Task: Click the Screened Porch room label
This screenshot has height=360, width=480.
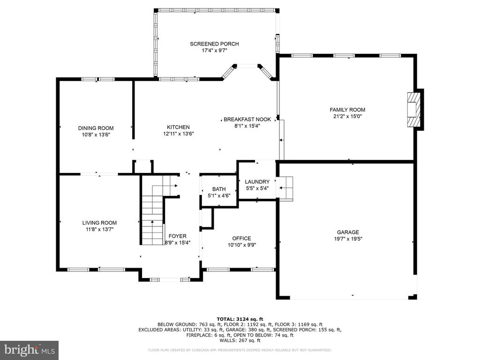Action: coord(214,44)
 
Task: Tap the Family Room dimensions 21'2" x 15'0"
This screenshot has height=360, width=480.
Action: coord(347,116)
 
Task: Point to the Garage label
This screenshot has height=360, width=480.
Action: coord(348,232)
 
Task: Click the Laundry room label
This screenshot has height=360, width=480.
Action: coord(257,182)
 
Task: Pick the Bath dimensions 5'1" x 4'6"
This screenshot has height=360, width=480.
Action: coord(219,196)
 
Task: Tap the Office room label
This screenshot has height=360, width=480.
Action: coord(241,239)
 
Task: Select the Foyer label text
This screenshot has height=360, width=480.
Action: coord(177,236)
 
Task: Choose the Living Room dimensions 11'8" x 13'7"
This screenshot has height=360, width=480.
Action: coord(99,230)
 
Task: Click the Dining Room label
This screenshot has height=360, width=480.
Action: coord(96,128)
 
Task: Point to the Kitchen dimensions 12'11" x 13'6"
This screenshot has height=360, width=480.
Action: coord(178,134)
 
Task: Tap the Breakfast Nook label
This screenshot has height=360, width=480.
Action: coord(247,119)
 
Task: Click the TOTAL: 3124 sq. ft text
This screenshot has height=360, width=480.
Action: coord(240,319)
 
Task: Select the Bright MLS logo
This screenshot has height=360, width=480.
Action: coord(29,350)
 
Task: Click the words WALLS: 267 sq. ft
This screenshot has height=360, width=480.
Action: coord(240,341)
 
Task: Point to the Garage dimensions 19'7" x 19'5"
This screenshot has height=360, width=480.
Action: coord(348,239)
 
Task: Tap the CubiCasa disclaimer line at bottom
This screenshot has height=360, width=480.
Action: coord(240,350)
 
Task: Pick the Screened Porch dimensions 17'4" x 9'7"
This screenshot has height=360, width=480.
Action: coord(214,51)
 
